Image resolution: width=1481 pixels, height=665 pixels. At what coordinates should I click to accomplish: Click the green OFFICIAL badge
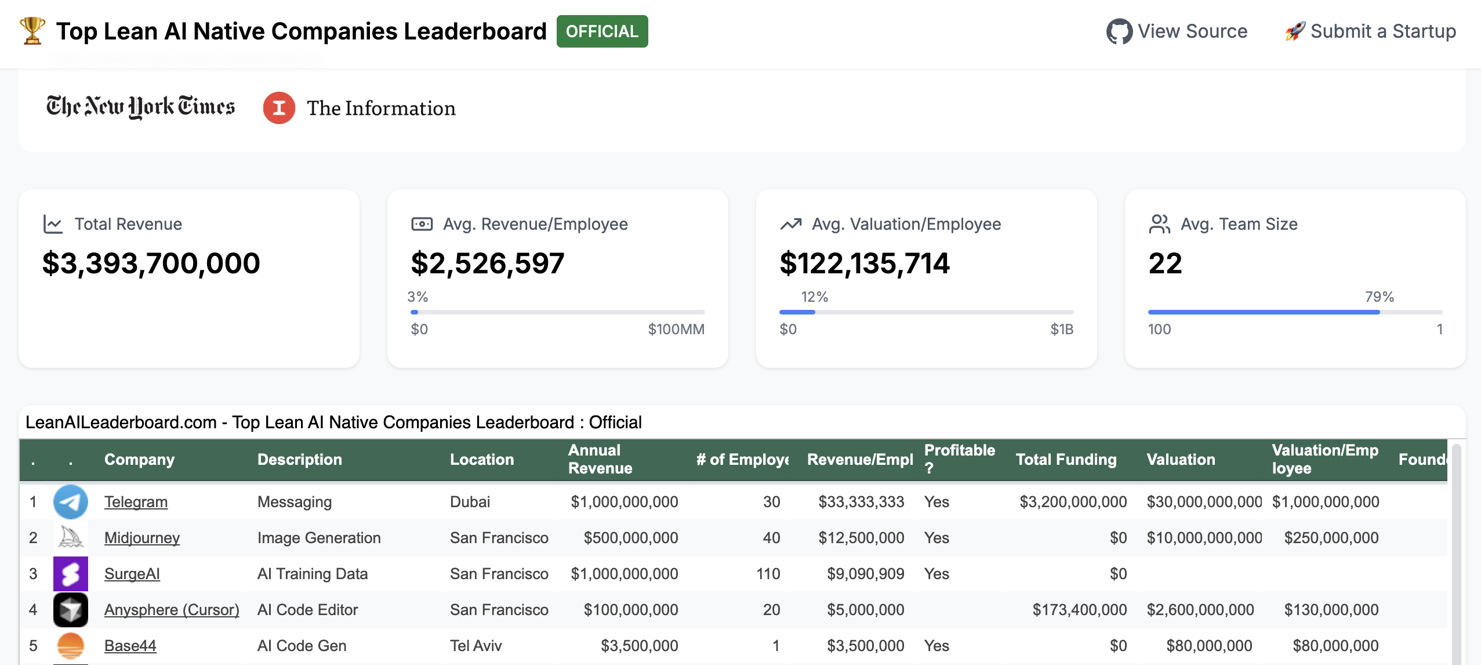point(602,31)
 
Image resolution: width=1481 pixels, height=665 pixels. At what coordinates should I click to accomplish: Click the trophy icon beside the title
point(32,30)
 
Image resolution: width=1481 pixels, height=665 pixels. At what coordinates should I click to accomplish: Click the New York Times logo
point(140,107)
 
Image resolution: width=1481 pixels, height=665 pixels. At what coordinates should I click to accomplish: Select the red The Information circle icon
point(279,108)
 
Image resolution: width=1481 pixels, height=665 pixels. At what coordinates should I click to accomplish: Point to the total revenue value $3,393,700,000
point(151,263)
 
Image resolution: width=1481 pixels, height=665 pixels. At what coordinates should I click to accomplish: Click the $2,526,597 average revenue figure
point(487,263)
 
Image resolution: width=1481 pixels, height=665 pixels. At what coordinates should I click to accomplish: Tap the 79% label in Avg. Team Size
point(1379,297)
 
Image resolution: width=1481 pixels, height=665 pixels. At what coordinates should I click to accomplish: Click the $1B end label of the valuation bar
point(1061,330)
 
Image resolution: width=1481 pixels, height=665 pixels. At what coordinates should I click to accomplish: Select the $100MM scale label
point(676,330)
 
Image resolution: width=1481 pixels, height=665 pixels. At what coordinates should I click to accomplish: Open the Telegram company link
point(136,502)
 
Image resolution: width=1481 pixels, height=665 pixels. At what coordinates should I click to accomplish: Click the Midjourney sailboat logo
point(71,538)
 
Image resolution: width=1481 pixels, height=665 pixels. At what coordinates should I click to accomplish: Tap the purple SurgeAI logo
point(71,574)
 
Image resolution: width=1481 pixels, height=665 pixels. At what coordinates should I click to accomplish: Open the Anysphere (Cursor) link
point(172,610)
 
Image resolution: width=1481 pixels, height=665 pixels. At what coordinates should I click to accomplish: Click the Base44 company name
point(130,646)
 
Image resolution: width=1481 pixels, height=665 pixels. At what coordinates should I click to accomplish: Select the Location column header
point(482,460)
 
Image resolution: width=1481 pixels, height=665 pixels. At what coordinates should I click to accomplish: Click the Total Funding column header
point(1066,460)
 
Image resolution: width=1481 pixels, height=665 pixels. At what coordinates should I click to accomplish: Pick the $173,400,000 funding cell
point(1079,610)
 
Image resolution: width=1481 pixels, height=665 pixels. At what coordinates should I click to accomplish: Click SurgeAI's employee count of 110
point(768,574)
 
